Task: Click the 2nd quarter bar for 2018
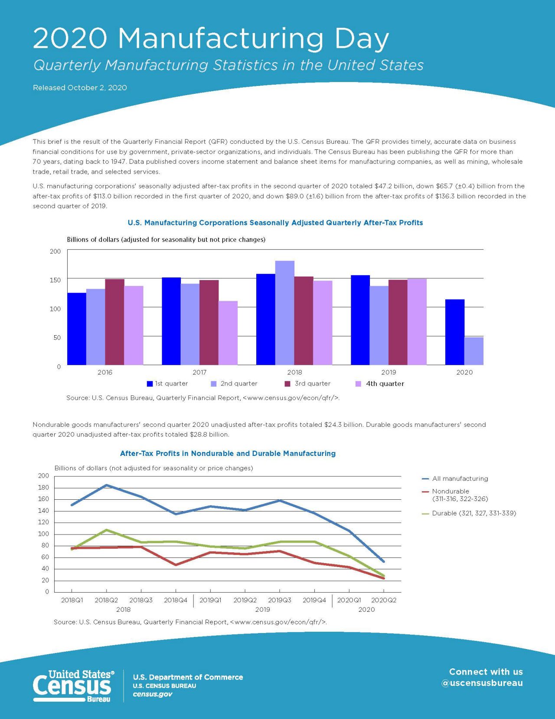(x=284, y=313)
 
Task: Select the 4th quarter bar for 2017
(x=228, y=333)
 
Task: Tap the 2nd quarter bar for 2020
(x=474, y=351)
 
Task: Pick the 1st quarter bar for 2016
(x=77, y=329)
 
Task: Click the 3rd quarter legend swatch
(x=287, y=384)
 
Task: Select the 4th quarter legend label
(x=385, y=384)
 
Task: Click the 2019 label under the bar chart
(x=388, y=372)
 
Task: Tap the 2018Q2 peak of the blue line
(x=106, y=485)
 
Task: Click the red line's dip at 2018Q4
(x=176, y=565)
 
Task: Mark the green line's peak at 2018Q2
(x=106, y=530)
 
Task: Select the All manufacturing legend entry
(x=455, y=478)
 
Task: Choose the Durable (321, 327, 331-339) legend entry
(x=469, y=513)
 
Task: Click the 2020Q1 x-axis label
(x=349, y=600)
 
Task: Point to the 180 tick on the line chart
(x=44, y=488)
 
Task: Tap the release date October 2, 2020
(x=97, y=88)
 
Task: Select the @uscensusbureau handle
(x=482, y=683)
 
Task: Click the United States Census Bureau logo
(x=74, y=686)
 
